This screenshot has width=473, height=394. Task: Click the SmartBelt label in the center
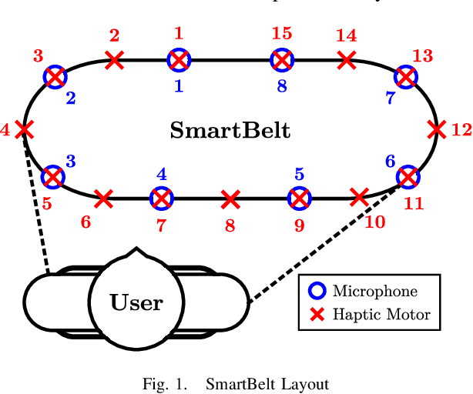coord(230,130)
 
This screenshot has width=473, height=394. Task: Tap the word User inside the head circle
coord(136,302)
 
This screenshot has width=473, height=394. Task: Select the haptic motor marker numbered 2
coord(115,58)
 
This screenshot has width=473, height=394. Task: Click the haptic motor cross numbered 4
coord(25,129)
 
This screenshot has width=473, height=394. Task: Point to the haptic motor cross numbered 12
coord(437,129)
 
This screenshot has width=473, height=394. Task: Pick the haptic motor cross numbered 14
coord(347,58)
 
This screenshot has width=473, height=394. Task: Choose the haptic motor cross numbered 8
coord(230,199)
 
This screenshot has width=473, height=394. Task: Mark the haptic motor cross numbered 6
coord(103,199)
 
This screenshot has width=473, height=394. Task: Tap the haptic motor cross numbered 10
coord(358,197)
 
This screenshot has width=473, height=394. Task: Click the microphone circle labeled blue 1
coord(179,59)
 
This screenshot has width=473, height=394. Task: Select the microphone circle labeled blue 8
coord(283,58)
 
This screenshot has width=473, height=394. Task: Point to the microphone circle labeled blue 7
coord(405,76)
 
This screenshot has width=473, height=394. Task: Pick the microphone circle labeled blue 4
coord(161,199)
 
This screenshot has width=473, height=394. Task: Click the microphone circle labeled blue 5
coord(299,199)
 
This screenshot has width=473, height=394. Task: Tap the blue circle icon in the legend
coord(316,291)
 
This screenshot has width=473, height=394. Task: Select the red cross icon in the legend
coord(316,313)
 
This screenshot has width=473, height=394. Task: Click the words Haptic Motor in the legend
coord(381,313)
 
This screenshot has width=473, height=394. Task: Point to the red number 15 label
coord(282,34)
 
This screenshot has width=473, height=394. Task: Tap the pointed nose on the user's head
coord(136,251)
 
